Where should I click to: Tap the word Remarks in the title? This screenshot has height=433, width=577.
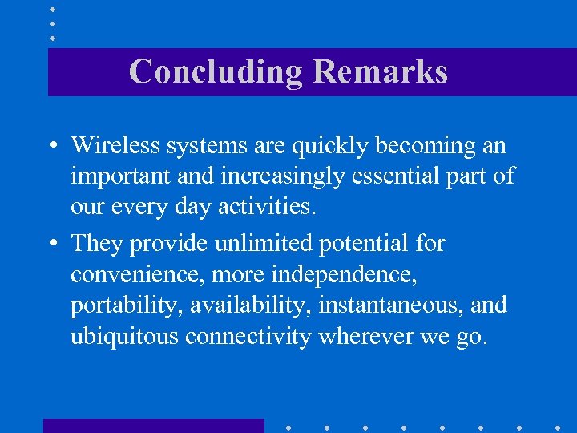(x=380, y=71)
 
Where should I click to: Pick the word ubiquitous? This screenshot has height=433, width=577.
(x=124, y=337)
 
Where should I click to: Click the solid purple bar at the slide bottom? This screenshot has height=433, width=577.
(x=153, y=426)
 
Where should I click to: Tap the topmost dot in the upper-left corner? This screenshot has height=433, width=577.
(x=53, y=10)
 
